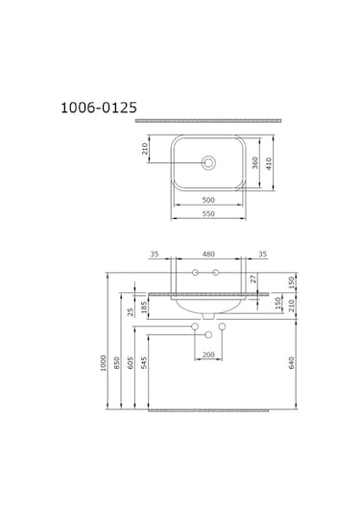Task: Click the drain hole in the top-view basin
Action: coord(207,163)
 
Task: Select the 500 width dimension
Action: coord(207,201)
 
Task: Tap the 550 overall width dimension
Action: coord(207,215)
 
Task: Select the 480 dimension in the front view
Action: coord(206,255)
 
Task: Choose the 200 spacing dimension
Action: coord(207,355)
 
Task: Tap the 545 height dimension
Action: coord(144,364)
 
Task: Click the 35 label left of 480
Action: coord(155,255)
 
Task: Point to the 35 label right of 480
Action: coord(262,255)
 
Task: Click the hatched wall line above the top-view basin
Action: coord(206,120)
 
